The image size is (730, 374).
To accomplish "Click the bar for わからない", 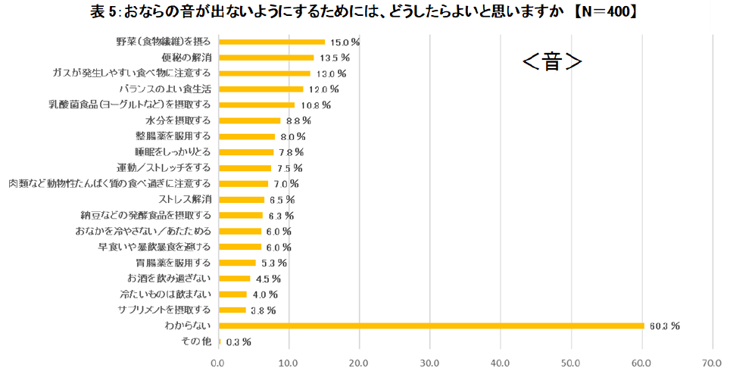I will tap(432, 326).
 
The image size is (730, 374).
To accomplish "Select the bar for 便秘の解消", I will tap(266, 58).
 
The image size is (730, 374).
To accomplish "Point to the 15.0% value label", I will tap(344, 42).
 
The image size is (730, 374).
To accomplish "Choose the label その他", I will tap(197, 341).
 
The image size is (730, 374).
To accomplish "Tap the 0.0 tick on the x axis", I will tap(218, 361).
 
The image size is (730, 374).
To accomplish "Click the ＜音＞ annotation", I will tap(552, 62).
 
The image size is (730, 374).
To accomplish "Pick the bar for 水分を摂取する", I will tap(249, 120).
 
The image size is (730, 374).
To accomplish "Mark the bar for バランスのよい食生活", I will tap(260, 89).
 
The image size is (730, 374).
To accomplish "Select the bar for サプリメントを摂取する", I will tap(232, 310).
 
